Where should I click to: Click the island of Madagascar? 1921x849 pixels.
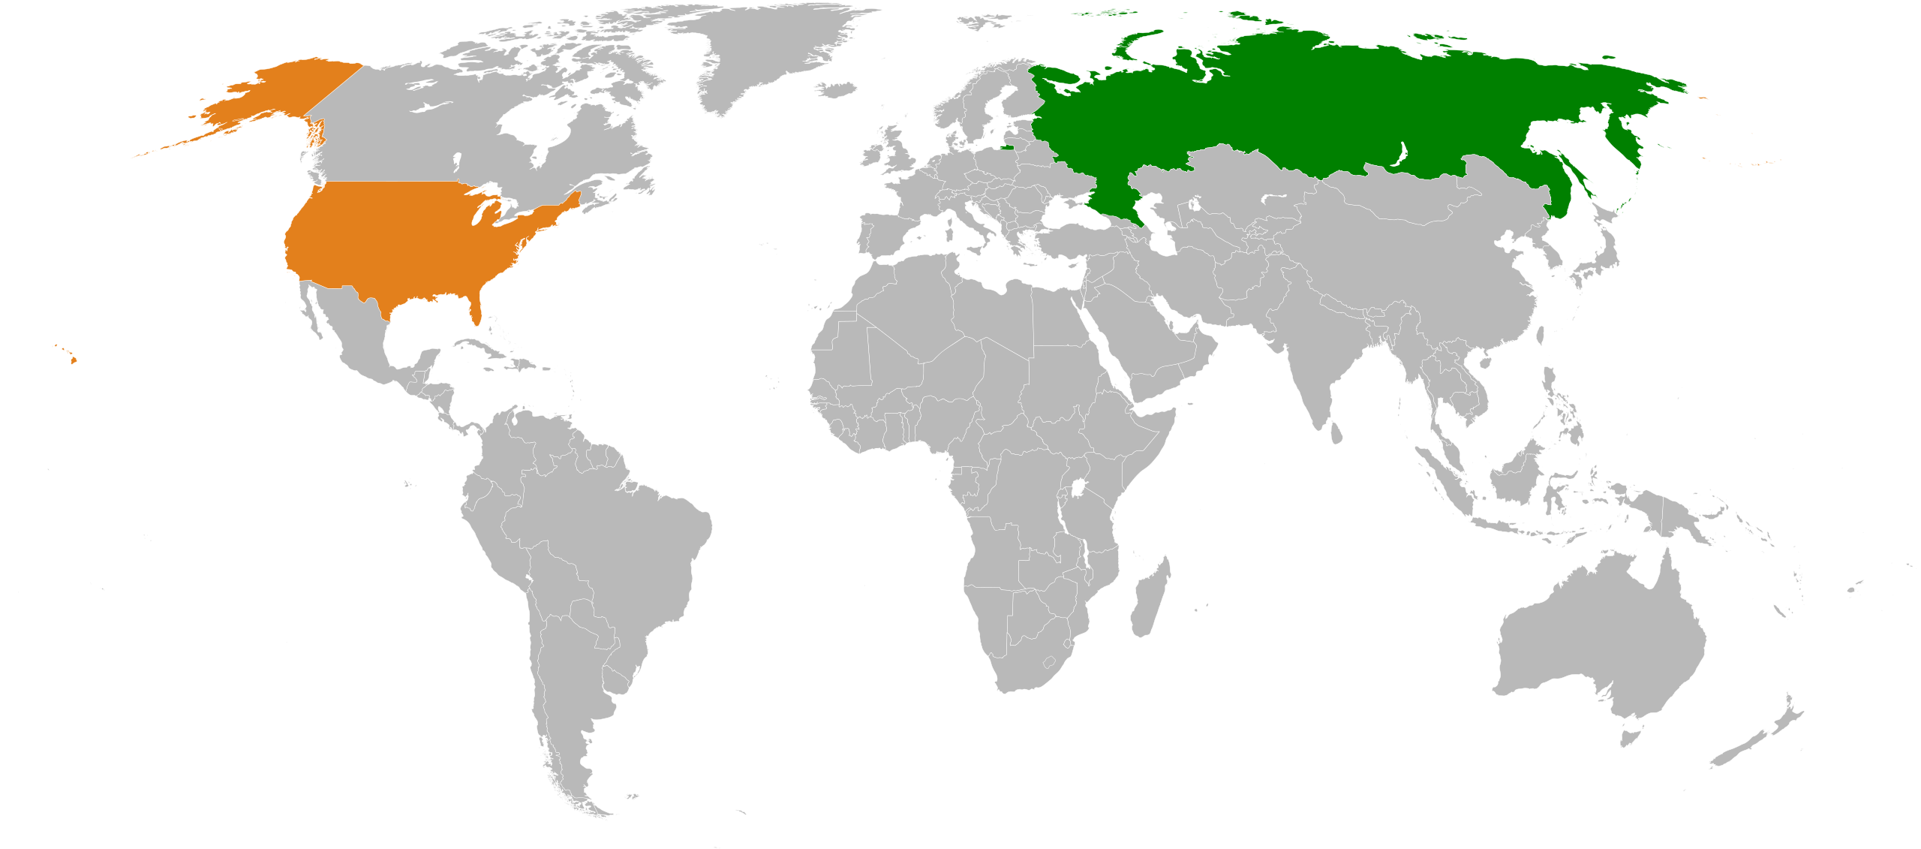click(1148, 601)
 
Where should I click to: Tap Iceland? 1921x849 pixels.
click(836, 90)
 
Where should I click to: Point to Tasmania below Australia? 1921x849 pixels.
click(1630, 736)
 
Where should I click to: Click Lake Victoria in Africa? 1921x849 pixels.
click(1080, 489)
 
